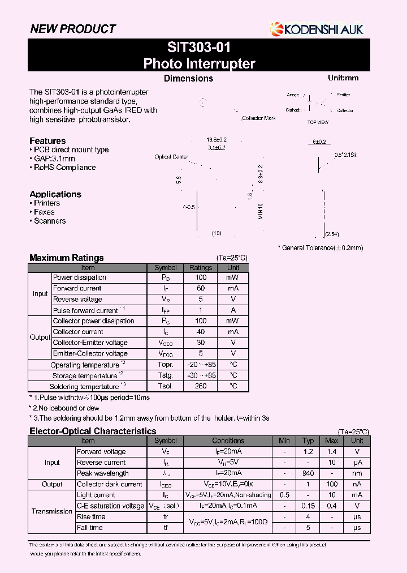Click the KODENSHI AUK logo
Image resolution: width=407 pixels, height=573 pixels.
[x=317, y=28]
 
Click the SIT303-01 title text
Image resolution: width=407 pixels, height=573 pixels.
[x=199, y=47]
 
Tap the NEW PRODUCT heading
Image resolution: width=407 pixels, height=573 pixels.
[x=72, y=29]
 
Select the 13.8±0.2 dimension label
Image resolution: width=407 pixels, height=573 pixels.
[x=217, y=139]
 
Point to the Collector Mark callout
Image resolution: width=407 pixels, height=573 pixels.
[x=258, y=118]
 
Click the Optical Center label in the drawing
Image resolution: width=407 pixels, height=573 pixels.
[x=171, y=157]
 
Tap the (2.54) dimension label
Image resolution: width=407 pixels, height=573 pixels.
[x=332, y=234]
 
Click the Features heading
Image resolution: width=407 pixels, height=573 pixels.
[x=47, y=141]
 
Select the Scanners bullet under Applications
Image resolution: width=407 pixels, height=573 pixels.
[x=50, y=221]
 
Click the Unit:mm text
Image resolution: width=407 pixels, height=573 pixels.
[x=343, y=78]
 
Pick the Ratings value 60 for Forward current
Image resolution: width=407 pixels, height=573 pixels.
[x=201, y=288]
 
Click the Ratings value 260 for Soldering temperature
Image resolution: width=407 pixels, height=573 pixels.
[x=201, y=386]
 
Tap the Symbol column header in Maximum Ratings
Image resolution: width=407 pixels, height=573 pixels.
[x=166, y=267]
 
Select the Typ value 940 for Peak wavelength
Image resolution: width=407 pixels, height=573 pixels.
[x=308, y=473]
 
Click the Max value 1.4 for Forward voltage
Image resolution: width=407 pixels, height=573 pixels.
[x=332, y=452]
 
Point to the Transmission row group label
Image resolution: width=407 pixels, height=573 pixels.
[x=52, y=511]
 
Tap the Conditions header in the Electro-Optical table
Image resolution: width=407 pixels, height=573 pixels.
[x=228, y=441]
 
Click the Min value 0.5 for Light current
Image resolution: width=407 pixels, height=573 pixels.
[x=284, y=495]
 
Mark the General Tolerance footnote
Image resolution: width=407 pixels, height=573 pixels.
[x=320, y=247]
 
